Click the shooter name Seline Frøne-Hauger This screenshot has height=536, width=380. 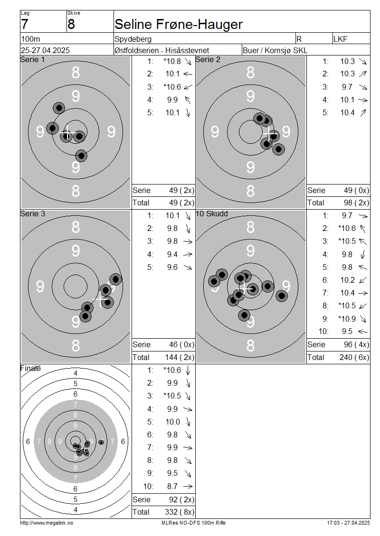point(178,24)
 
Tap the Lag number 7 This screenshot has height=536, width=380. point(24,24)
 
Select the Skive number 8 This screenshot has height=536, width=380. point(71,24)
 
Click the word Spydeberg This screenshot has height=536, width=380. point(133,39)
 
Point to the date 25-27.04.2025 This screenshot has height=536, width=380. point(45,50)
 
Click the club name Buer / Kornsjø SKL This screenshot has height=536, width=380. point(275,50)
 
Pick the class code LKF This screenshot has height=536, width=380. point(340,39)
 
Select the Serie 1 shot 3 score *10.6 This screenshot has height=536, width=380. point(172,87)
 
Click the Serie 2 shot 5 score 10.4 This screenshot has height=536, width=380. point(347,112)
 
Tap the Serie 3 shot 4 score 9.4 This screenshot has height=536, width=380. point(172,254)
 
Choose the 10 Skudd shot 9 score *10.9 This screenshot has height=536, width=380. point(347,319)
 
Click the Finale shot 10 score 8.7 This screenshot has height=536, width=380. point(172,486)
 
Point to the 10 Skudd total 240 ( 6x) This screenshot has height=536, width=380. point(354,357)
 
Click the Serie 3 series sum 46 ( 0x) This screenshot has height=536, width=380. point(181,344)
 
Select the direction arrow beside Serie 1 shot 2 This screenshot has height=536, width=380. point(188,74)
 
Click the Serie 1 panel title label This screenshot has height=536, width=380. point(32,59)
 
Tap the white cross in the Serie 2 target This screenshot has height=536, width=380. point(269,133)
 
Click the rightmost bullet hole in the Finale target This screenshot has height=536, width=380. point(101,442)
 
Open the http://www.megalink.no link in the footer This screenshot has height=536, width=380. point(47,523)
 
